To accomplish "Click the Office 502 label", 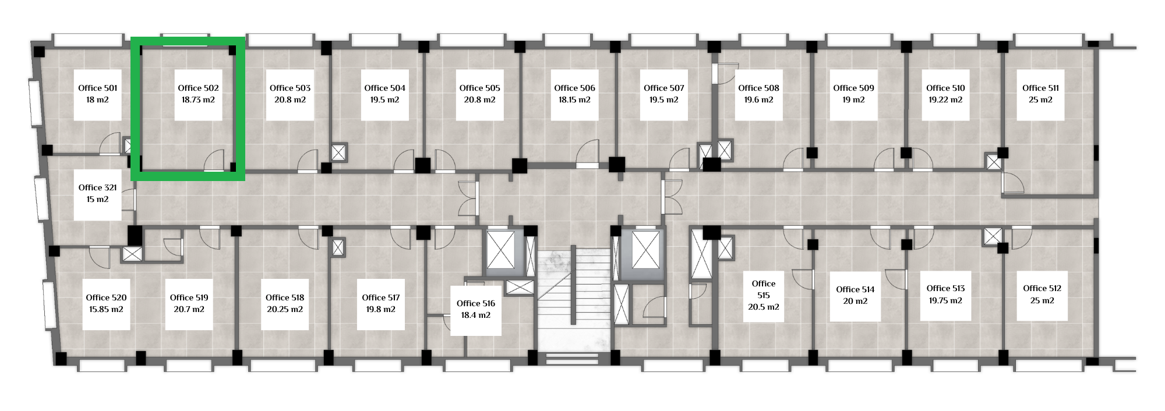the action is pyautogui.click(x=198, y=88).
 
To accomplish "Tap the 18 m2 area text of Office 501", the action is pyautogui.click(x=97, y=100).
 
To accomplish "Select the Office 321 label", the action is pyautogui.click(x=97, y=187).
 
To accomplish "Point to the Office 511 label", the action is pyautogui.click(x=1040, y=88).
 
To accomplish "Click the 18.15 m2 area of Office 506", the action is pyautogui.click(x=574, y=100).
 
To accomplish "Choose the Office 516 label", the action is pyautogui.click(x=476, y=303).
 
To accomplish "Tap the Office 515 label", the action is pyautogui.click(x=764, y=289).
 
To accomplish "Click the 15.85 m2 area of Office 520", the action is pyautogui.click(x=106, y=309).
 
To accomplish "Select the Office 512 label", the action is pyautogui.click(x=1042, y=288).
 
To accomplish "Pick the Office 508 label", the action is pyautogui.click(x=758, y=88).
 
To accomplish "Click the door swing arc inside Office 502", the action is pyautogui.click(x=213, y=159).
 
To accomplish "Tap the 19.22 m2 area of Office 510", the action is pyautogui.click(x=945, y=100).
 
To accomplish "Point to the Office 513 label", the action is pyautogui.click(x=945, y=288).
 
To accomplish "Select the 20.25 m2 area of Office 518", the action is pyautogui.click(x=285, y=309).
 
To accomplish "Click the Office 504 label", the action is pyautogui.click(x=384, y=88).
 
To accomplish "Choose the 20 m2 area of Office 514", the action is pyautogui.click(x=855, y=301).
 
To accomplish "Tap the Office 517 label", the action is pyautogui.click(x=381, y=297).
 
